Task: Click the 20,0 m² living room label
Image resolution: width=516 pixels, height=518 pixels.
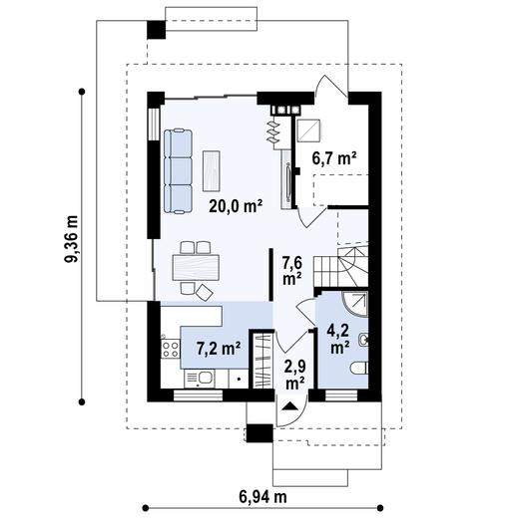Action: [236, 206]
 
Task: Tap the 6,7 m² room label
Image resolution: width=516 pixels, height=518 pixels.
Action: [334, 158]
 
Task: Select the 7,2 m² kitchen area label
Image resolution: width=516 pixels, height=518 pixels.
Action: [219, 349]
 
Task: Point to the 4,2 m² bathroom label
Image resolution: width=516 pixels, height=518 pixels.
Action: [338, 339]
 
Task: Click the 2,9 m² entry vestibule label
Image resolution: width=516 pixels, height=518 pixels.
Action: [295, 375]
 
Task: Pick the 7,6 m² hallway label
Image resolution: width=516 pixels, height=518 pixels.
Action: [292, 271]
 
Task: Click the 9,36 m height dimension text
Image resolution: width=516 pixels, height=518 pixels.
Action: [72, 239]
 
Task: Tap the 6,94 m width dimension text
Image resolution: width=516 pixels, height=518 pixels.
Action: [262, 497]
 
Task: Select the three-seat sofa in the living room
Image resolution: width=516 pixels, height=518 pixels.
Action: [178, 171]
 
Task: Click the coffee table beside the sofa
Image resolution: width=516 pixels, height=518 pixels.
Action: [212, 171]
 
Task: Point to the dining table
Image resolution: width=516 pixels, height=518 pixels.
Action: [196, 267]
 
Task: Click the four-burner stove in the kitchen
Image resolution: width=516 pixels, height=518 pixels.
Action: [171, 349]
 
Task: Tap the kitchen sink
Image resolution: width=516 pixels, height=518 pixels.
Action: [200, 379]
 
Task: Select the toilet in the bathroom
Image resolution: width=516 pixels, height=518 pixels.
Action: [359, 368]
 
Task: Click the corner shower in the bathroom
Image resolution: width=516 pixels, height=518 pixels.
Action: [355, 304]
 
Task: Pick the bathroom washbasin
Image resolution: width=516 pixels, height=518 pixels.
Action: [363, 340]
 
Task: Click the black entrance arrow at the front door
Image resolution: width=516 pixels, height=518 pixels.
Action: [289, 406]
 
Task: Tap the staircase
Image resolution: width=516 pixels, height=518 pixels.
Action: [340, 266]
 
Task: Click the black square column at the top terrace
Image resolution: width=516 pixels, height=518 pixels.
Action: [157, 30]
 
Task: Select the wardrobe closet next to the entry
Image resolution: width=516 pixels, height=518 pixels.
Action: [262, 360]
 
